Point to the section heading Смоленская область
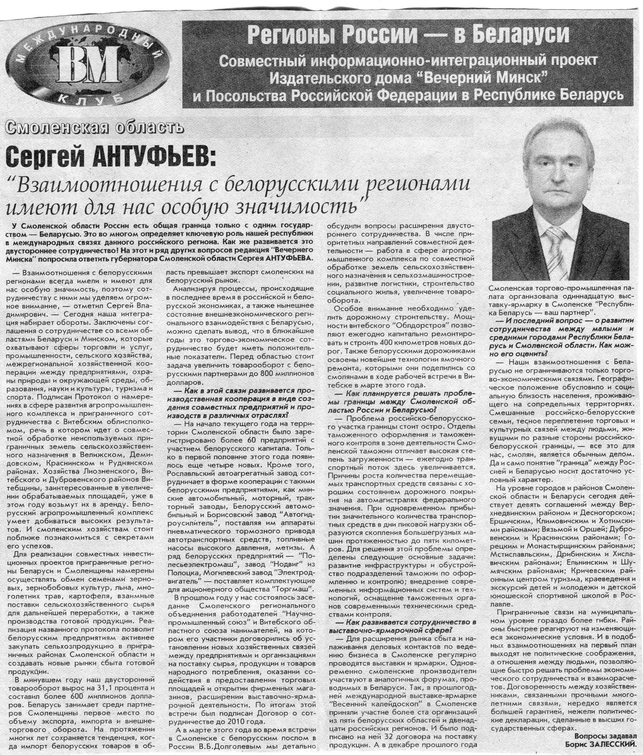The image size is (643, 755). [x=94, y=127]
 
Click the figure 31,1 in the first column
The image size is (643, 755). [x=117, y=688]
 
